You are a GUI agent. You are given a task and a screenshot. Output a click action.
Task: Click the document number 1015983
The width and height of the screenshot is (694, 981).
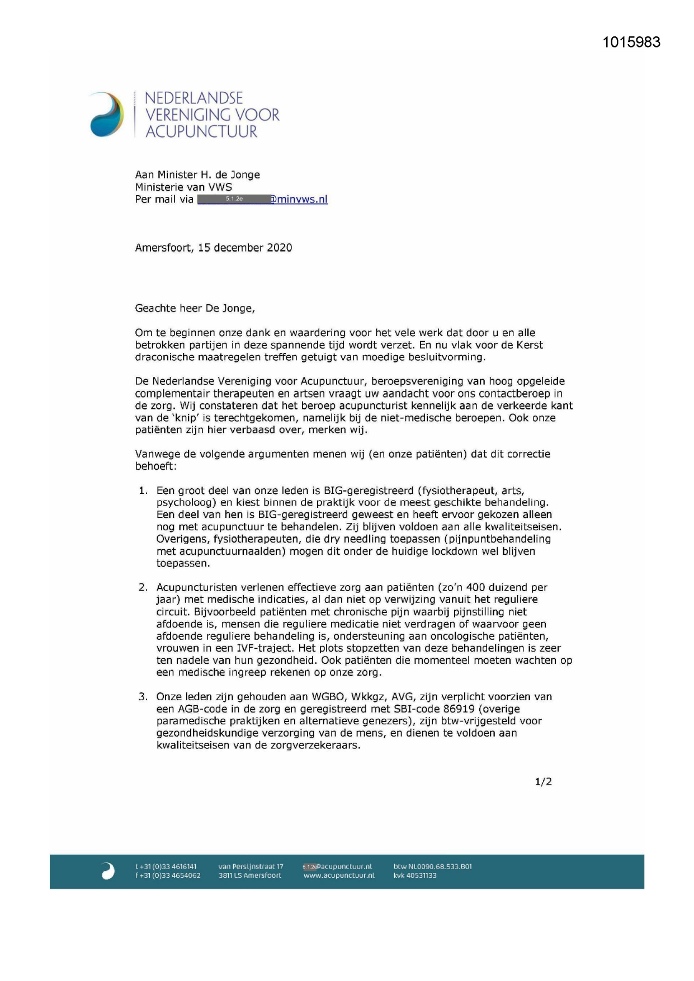point(631,43)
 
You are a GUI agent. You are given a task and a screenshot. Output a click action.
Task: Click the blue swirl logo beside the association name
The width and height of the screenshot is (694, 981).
point(107,115)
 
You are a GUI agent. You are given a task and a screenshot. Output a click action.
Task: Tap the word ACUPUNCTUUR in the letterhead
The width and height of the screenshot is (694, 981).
point(201,132)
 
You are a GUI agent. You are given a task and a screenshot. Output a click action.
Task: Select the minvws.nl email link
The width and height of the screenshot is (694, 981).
point(300,200)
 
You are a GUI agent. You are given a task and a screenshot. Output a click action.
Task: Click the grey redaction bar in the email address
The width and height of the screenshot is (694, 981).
point(234,199)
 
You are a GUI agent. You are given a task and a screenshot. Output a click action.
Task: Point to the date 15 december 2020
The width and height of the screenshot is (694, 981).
point(245,248)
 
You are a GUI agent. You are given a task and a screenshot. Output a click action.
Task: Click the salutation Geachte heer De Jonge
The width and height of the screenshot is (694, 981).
point(195,308)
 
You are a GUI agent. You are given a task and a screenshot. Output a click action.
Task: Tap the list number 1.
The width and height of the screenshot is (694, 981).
point(143,490)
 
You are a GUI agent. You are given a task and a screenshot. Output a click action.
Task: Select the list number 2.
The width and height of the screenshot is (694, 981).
point(143,587)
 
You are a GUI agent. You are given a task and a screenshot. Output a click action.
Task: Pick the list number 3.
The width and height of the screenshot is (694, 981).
point(143,697)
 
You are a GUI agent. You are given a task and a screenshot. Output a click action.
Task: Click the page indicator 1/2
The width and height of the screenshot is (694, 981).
point(543,782)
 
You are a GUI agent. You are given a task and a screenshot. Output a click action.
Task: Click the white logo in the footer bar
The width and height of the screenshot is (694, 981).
point(108,871)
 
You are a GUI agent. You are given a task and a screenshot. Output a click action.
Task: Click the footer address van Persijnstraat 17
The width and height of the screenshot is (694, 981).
point(251,867)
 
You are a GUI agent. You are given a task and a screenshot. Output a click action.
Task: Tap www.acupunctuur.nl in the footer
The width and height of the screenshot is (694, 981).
point(339,876)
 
